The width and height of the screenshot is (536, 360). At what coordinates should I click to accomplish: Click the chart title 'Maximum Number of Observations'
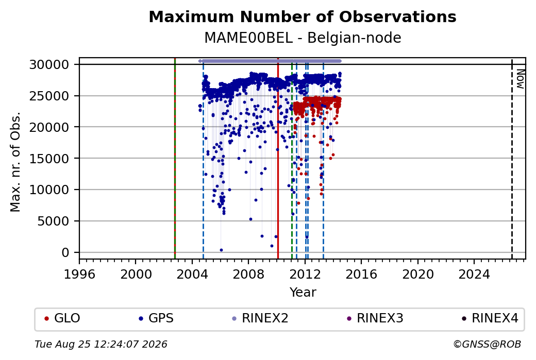pyautogui.click(x=303, y=16)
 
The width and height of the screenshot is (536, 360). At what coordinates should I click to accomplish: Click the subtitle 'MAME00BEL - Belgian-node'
pyautogui.click(x=303, y=38)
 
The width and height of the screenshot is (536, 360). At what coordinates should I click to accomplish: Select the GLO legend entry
pyautogui.click(x=62, y=318)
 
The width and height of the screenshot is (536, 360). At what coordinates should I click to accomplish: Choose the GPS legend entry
pyautogui.click(x=156, y=318)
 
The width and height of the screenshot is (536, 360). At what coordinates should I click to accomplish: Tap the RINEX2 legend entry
pyautogui.click(x=260, y=318)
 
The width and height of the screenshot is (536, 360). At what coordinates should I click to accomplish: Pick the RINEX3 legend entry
pyautogui.click(x=375, y=318)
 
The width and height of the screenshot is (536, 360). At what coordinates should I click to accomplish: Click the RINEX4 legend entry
pyautogui.click(x=490, y=318)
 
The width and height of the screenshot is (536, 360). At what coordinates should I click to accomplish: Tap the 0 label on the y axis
pyautogui.click(x=65, y=253)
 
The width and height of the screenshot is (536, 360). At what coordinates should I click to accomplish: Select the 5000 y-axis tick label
pyautogui.click(x=53, y=221)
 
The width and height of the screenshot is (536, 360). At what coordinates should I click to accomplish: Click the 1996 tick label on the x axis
pyautogui.click(x=79, y=274)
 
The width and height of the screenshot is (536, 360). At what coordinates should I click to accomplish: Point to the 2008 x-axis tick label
pyautogui.click(x=248, y=274)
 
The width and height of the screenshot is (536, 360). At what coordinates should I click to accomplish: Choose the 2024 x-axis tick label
pyautogui.click(x=474, y=274)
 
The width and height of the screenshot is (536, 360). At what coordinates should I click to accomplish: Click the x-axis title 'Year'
pyautogui.click(x=303, y=293)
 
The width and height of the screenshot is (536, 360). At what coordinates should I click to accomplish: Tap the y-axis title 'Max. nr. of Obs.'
pyautogui.click(x=15, y=162)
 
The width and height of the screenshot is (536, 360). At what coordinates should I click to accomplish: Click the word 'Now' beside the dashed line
pyautogui.click(x=520, y=79)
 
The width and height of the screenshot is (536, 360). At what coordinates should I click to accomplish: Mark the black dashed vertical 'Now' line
pyautogui.click(x=512, y=159)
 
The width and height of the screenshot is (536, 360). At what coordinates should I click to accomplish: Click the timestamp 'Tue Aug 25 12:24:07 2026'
pyautogui.click(x=101, y=344)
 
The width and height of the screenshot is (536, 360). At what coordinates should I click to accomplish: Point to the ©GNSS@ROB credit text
pyautogui.click(x=487, y=344)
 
